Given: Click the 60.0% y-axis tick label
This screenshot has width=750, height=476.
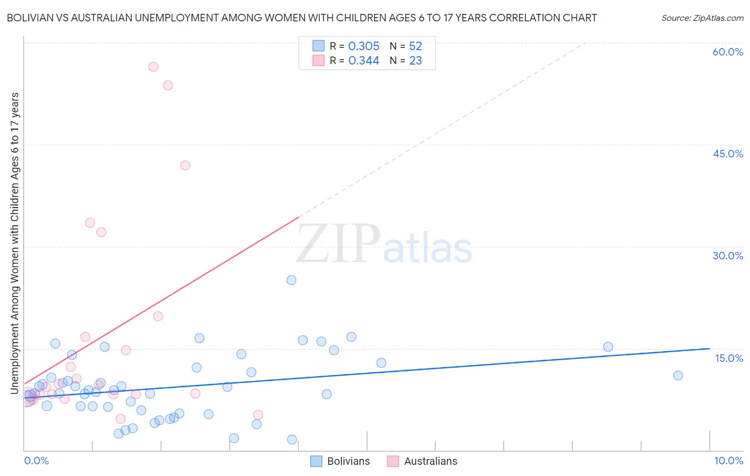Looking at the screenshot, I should pos(728,52).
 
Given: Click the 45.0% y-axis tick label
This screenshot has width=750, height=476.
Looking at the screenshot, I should pos(728,154).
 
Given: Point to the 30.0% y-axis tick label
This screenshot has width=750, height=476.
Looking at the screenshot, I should pos(728,256).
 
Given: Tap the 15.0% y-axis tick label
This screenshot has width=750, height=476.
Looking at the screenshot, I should pos(729,358).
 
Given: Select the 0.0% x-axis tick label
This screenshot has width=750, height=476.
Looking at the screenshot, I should pos(36,461).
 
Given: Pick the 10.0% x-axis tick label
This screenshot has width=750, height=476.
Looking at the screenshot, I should pos(728,461).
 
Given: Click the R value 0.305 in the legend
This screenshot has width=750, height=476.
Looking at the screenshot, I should pos(364,46).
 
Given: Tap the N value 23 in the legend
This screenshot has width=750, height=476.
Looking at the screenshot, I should pos(416,61).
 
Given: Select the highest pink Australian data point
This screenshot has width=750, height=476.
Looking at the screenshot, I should pos(153,67).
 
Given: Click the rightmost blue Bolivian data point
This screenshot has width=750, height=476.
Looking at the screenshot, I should pos(678,375).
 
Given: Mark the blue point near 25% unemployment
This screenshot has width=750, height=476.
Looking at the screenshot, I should pos(291,280).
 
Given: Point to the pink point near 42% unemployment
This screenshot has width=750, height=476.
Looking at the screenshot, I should pos(185,165).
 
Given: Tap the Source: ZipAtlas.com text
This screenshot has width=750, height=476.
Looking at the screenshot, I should pos(702,18).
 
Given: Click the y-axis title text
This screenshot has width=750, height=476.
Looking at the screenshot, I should pos(14,243).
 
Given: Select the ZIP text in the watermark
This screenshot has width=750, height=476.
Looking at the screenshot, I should pos(338,244).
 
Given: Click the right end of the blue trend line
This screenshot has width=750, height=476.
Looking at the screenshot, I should pos(709,348).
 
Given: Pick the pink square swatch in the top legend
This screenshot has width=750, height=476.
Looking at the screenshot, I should pos(318,61).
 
